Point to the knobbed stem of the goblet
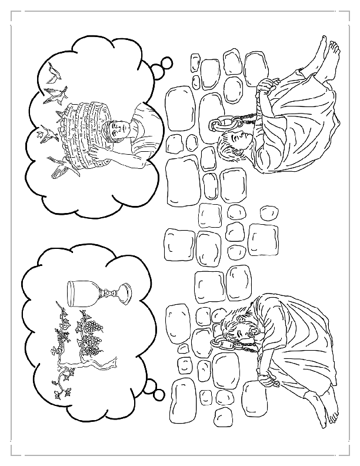[106, 293]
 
